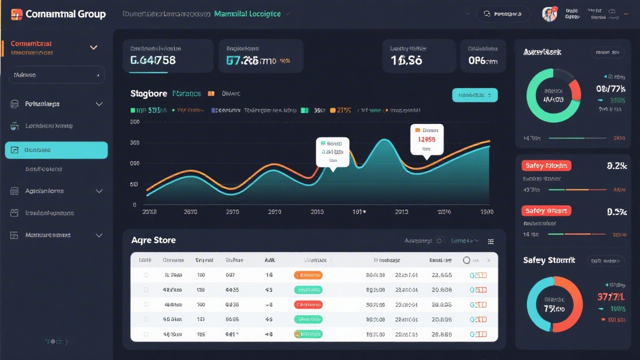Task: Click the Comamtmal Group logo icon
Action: [x=16, y=14]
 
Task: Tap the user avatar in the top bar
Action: [x=549, y=14]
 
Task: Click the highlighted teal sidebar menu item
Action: [x=56, y=150]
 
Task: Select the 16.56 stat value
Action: [x=406, y=60]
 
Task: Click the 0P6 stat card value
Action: [x=483, y=60]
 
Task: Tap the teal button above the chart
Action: [x=474, y=95]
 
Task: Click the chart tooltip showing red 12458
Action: [x=426, y=139]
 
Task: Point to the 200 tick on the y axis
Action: [x=134, y=121]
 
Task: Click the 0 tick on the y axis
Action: [x=134, y=204]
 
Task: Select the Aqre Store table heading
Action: [x=153, y=240]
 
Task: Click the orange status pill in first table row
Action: [x=308, y=275]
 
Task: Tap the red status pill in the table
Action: [x=308, y=304]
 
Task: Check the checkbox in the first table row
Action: [x=146, y=275]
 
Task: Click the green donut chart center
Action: [x=553, y=95]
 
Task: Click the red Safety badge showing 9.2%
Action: [x=546, y=165]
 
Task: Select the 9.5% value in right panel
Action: [x=616, y=211]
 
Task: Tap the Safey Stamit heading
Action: [x=549, y=260]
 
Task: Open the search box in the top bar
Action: [x=503, y=14]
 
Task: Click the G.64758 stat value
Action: [x=153, y=60]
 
